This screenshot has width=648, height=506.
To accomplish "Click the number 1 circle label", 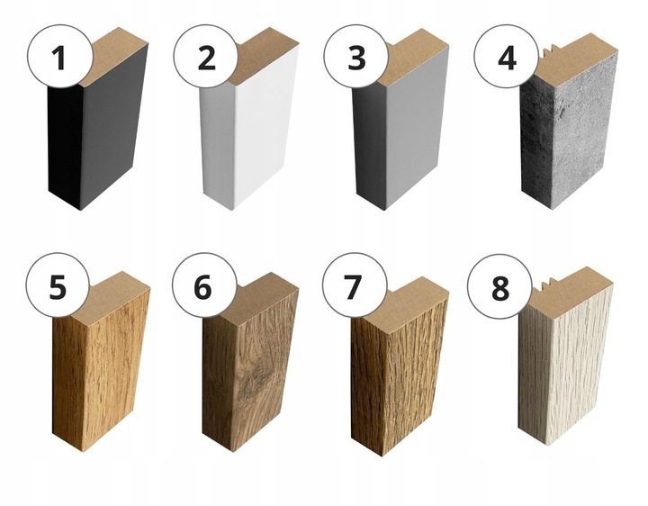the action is pos(59,56).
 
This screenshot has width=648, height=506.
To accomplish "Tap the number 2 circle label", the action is pos(206,56).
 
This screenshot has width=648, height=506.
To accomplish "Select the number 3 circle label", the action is pos(356,56).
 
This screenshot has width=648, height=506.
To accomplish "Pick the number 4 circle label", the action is pos(507,56).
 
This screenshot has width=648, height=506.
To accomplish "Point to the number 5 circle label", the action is pos(58,285).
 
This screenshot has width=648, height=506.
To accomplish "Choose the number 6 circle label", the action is pos(204,285).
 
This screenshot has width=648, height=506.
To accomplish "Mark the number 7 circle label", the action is pos(355,285).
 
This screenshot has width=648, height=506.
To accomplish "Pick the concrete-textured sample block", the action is pos(571,132).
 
